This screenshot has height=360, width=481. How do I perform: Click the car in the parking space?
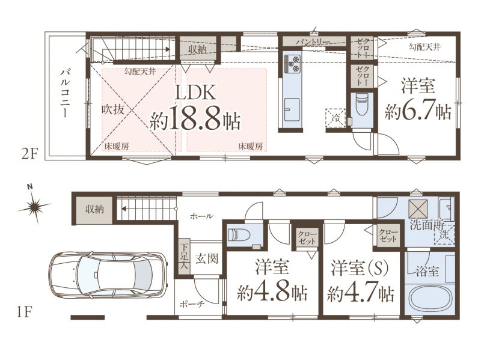coord(108,276)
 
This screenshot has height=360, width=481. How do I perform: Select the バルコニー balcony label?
coord(65,93)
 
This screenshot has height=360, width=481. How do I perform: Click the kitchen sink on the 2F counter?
coord(292,109)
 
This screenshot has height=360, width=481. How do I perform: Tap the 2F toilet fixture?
coord(362,103)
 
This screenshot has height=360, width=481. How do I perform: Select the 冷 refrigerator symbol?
coord(336,118)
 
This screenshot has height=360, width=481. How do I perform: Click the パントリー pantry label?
coord(313,42)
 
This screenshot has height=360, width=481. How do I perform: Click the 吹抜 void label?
coord(113,109)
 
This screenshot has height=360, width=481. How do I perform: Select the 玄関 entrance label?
coord(207,258)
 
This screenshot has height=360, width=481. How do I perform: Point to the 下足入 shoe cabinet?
coord(184,257)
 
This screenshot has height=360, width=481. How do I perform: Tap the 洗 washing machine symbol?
coord(444,235)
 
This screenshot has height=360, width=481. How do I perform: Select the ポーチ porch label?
coord(192,305)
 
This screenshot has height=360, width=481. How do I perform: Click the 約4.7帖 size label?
coord(361,294)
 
